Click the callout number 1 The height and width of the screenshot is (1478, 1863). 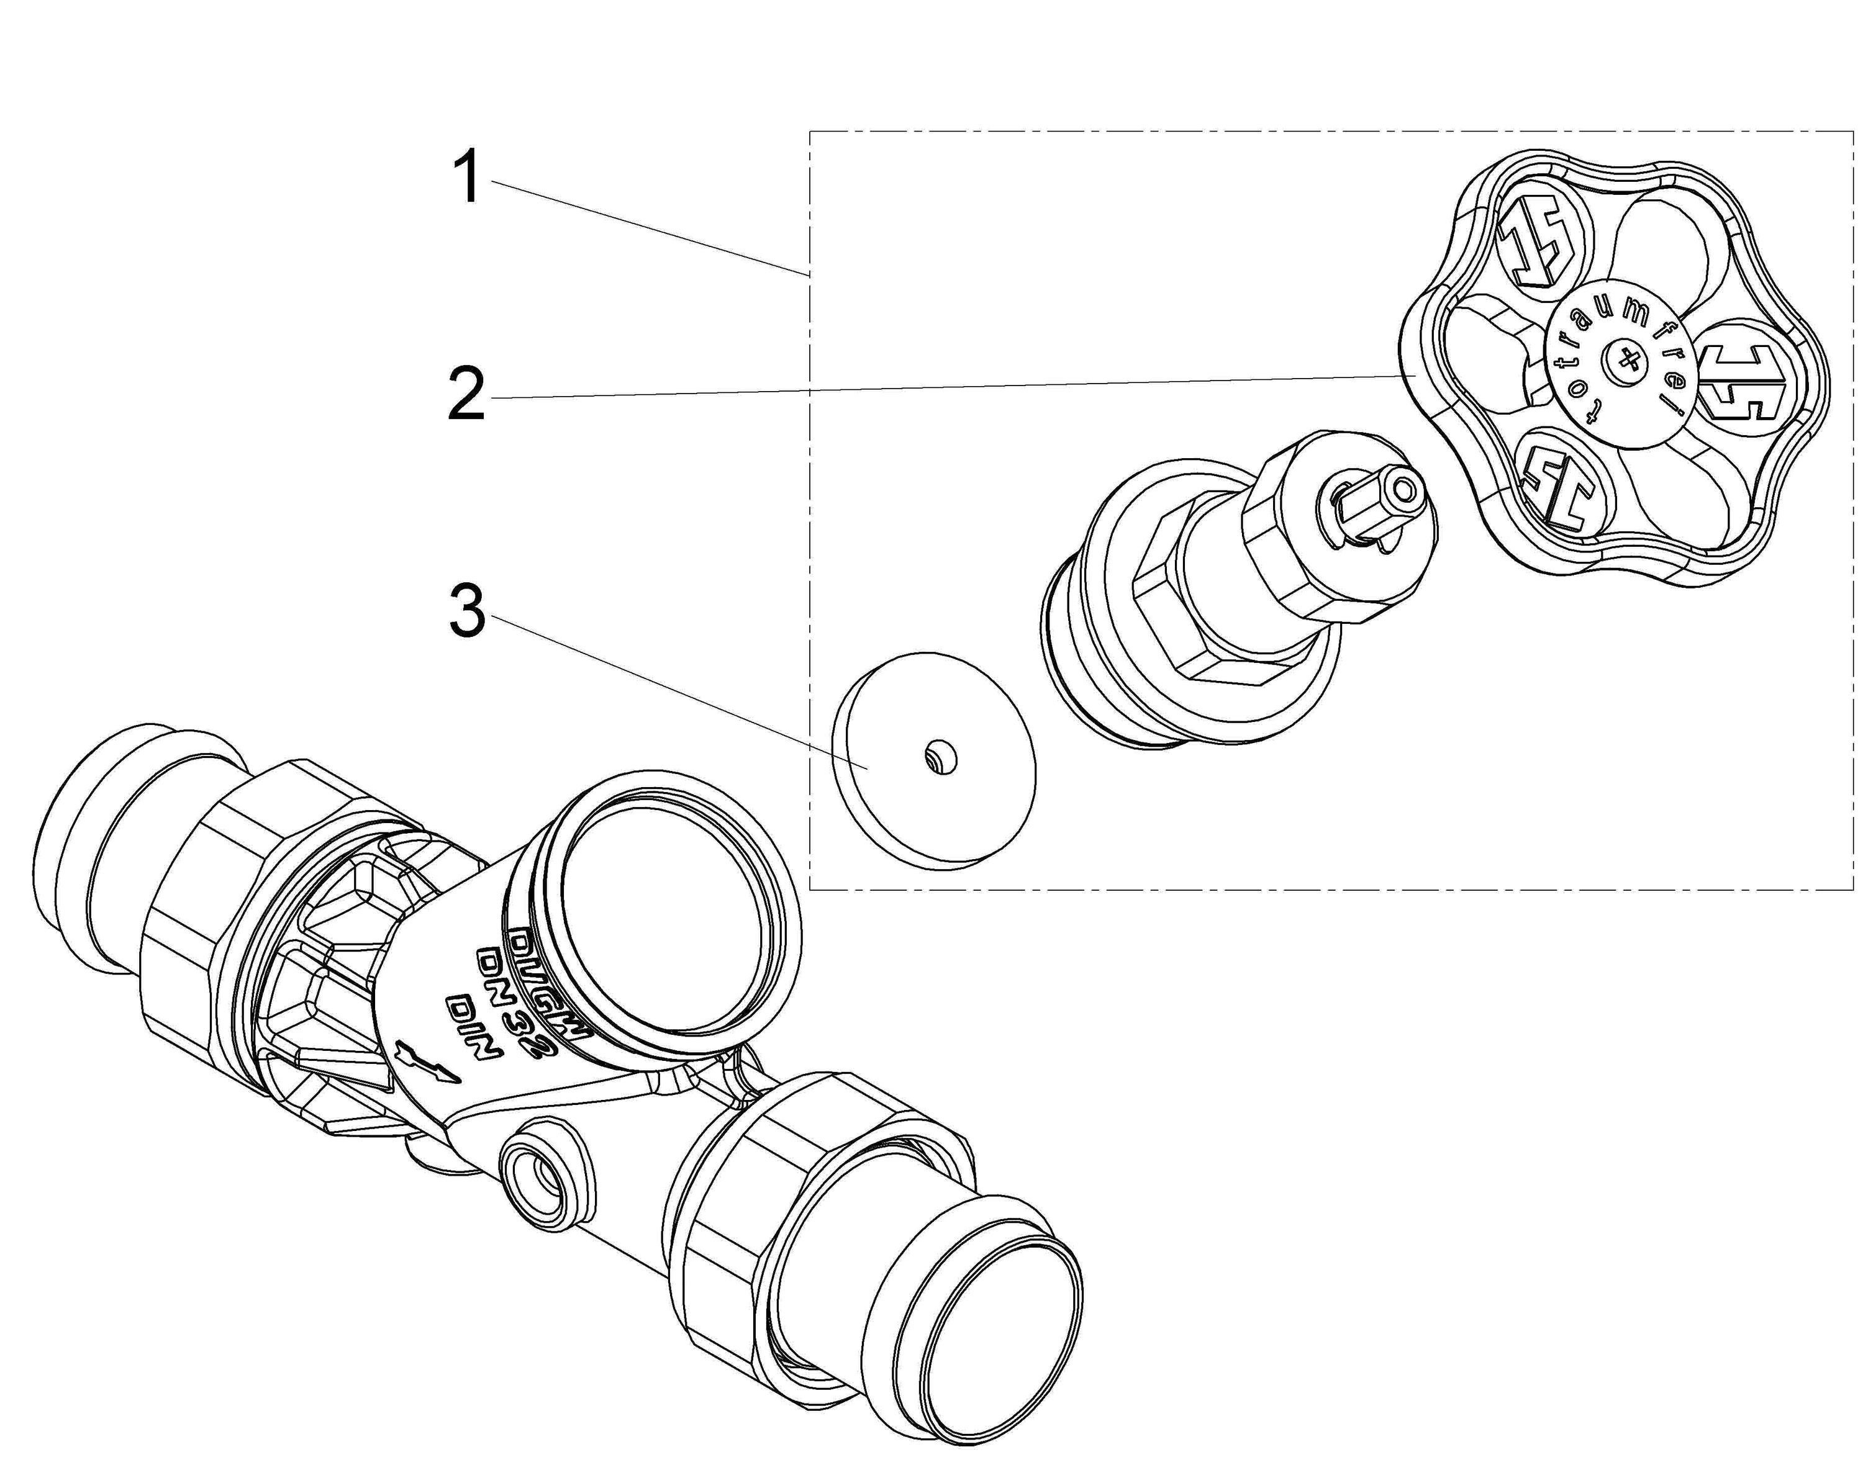pyautogui.click(x=468, y=177)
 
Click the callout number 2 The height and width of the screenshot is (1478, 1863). pyautogui.click(x=466, y=394)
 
